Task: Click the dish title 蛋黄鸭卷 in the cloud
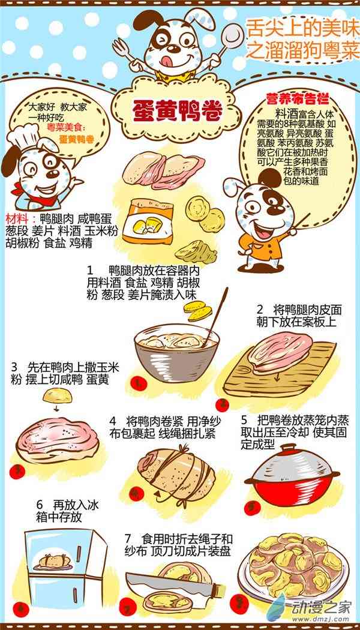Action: point(177,110)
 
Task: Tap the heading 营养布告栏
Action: point(298,99)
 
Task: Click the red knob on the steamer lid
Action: point(293,447)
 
